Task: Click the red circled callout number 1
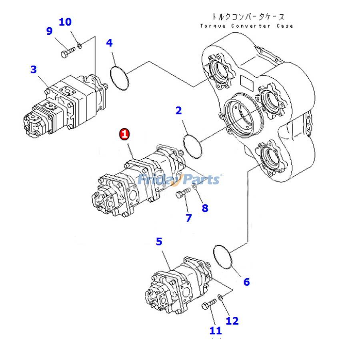click(125, 134)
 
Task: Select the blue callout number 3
click(34, 69)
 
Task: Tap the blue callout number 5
click(159, 241)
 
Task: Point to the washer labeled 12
click(220, 298)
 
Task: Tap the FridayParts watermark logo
click(179, 179)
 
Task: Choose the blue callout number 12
click(232, 321)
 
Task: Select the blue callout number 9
click(50, 31)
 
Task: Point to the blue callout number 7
click(188, 218)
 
